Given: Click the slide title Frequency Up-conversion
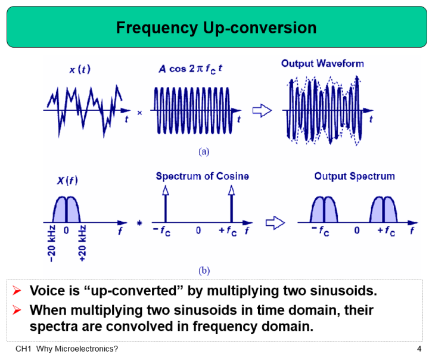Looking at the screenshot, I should tap(216, 27).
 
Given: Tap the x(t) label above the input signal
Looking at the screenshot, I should tap(80, 70).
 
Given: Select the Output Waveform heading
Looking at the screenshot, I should tap(322, 63).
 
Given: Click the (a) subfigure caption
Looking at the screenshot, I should tap(204, 151).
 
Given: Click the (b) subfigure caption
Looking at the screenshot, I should tap(204, 270).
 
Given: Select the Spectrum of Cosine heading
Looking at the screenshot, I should tap(203, 176).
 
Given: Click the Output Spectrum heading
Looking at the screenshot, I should tap(355, 176).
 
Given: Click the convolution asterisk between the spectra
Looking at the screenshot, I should tap(139, 224).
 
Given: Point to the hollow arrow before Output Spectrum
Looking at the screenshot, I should tap(273, 223).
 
